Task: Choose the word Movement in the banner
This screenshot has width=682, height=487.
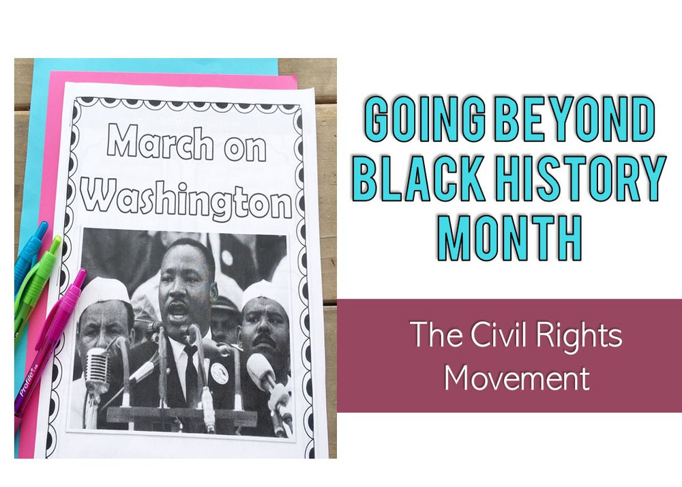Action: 517,377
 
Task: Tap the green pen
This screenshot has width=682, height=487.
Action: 38,280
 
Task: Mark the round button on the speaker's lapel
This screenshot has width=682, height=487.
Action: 218,373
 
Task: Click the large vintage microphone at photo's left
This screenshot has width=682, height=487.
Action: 97,372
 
